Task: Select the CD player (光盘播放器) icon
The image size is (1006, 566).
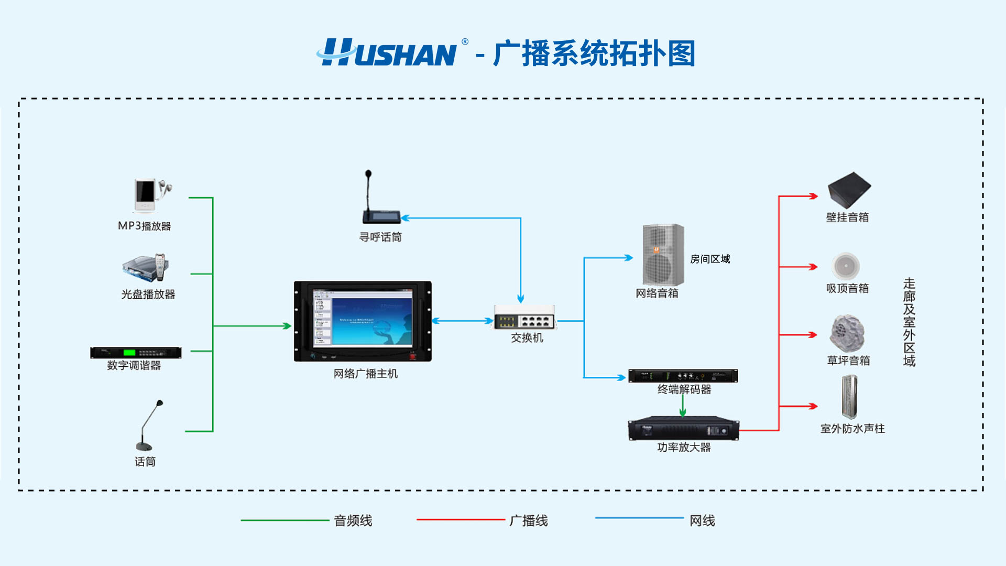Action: (146, 268)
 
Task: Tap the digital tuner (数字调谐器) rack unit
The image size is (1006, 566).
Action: (136, 353)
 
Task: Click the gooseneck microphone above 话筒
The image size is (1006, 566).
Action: (149, 426)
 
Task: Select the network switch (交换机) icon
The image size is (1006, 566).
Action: (524, 318)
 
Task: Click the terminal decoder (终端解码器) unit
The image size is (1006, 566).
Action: (683, 376)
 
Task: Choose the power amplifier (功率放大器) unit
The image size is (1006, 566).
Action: (683, 430)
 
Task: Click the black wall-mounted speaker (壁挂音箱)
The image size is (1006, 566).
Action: (849, 190)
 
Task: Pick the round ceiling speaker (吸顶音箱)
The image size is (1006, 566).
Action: (846, 266)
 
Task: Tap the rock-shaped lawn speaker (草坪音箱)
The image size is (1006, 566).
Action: (847, 333)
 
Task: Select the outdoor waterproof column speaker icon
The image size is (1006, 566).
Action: (849, 397)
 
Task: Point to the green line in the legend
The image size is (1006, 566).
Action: (285, 520)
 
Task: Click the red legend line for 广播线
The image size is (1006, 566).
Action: (461, 520)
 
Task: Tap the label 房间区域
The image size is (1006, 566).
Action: (710, 259)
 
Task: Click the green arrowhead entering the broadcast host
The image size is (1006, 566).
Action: (286, 326)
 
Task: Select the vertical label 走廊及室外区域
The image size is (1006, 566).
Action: (909, 322)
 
